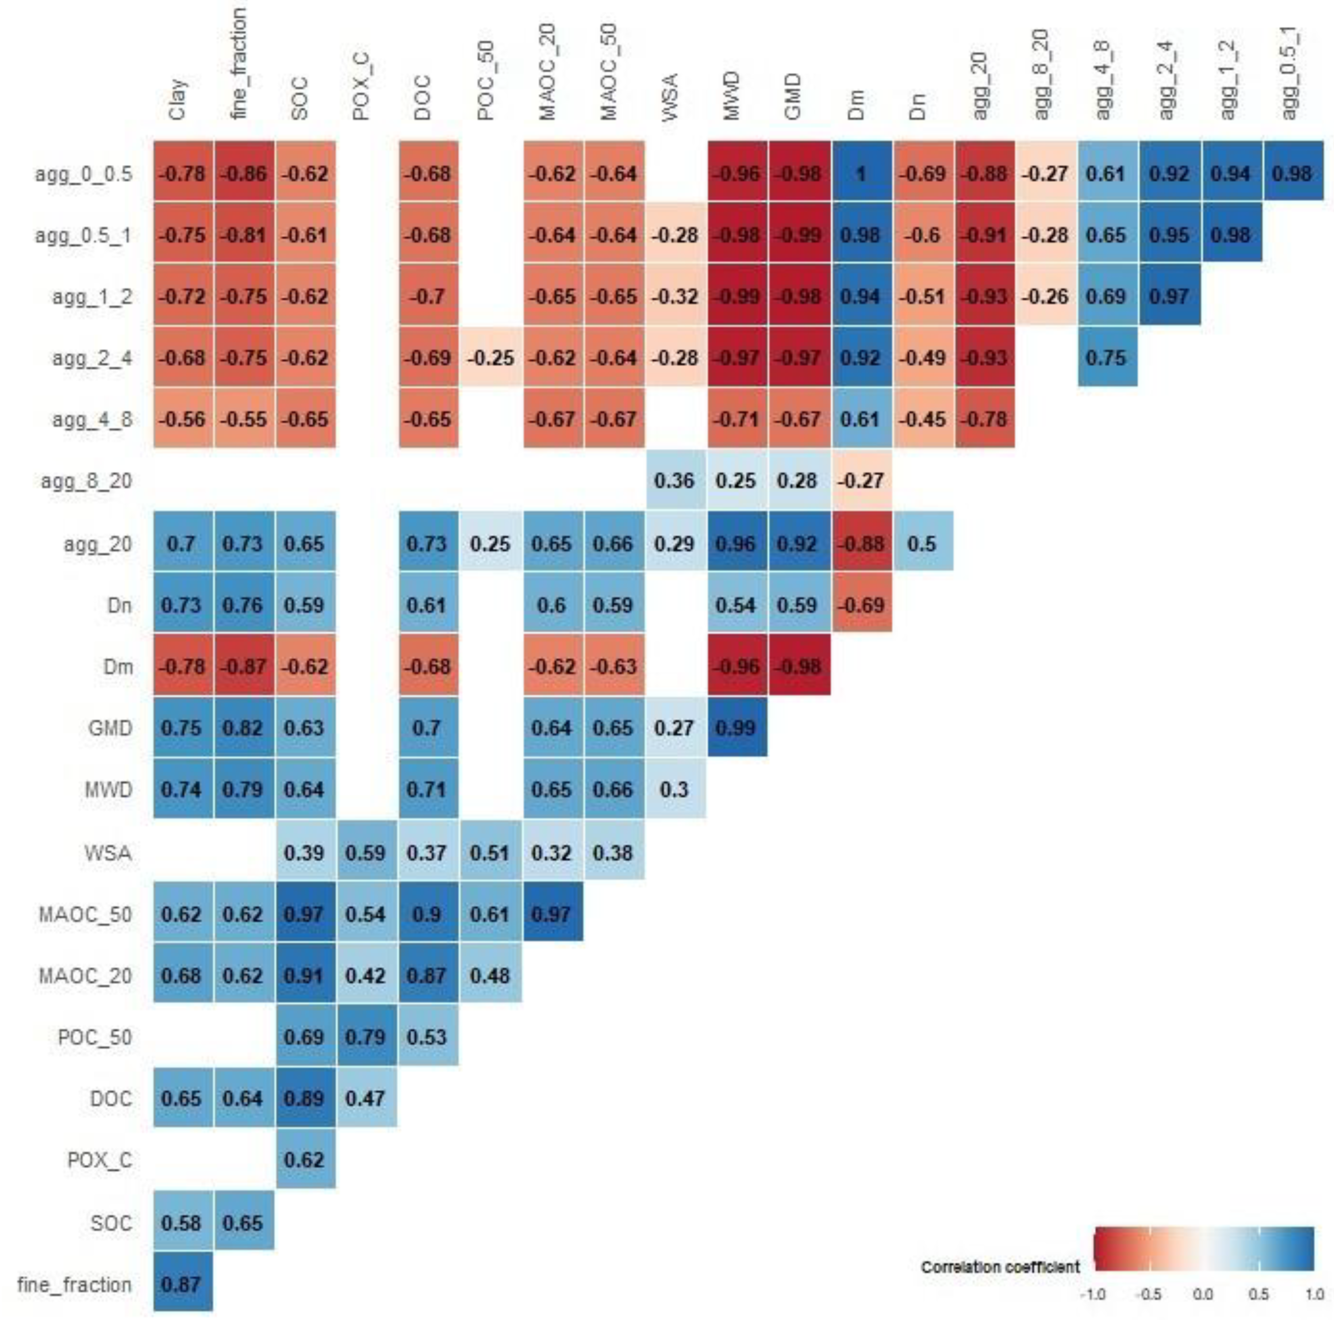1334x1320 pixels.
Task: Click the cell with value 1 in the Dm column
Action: coord(861,173)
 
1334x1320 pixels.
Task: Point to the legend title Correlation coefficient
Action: coord(1000,1267)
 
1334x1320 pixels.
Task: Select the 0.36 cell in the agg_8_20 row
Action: coord(674,480)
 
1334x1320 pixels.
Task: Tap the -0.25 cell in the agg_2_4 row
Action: coord(490,358)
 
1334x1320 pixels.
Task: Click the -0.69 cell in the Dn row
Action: coord(861,605)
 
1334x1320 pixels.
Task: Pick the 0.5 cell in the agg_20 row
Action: coord(923,543)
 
